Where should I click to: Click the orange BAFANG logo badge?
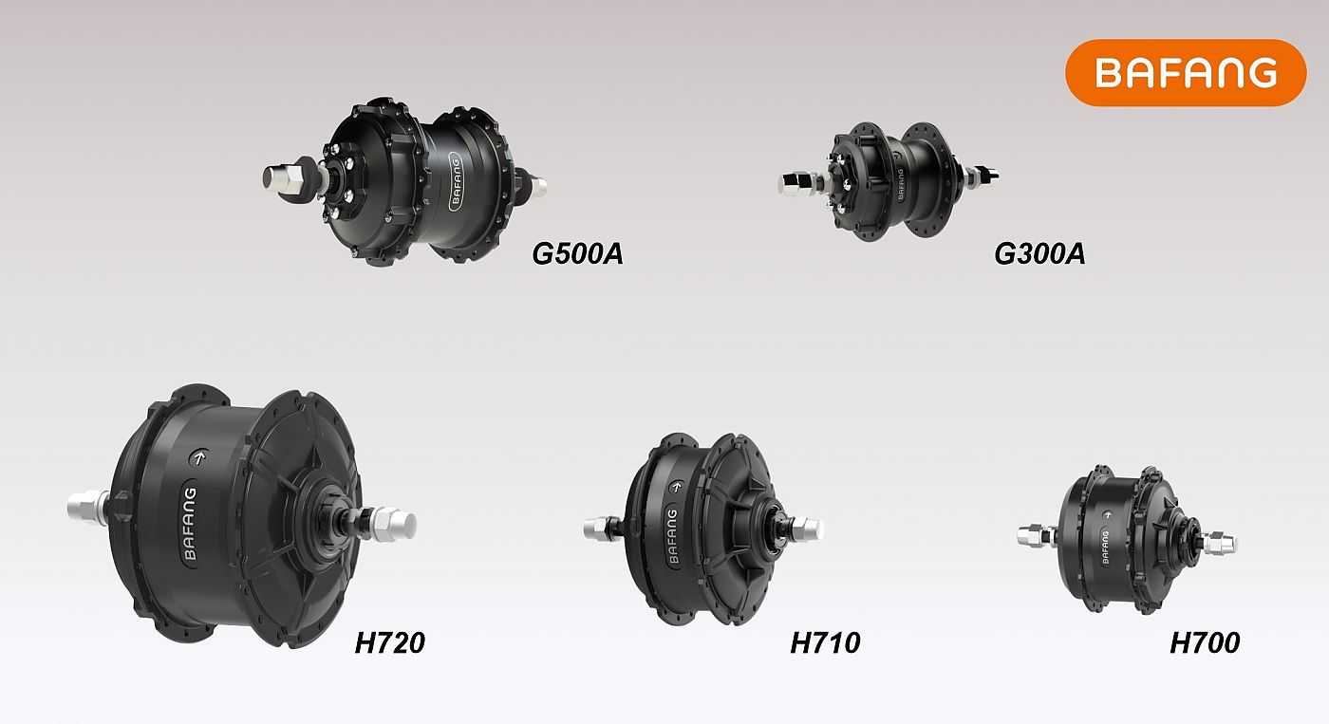(1186, 73)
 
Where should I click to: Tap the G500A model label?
(577, 253)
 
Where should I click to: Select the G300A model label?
(1039, 253)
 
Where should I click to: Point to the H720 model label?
(390, 642)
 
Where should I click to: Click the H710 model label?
(825, 642)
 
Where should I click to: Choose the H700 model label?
(1205, 642)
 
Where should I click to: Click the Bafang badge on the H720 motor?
(190, 524)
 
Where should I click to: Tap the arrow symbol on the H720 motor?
(199, 457)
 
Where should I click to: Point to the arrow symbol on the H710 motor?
(676, 487)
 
